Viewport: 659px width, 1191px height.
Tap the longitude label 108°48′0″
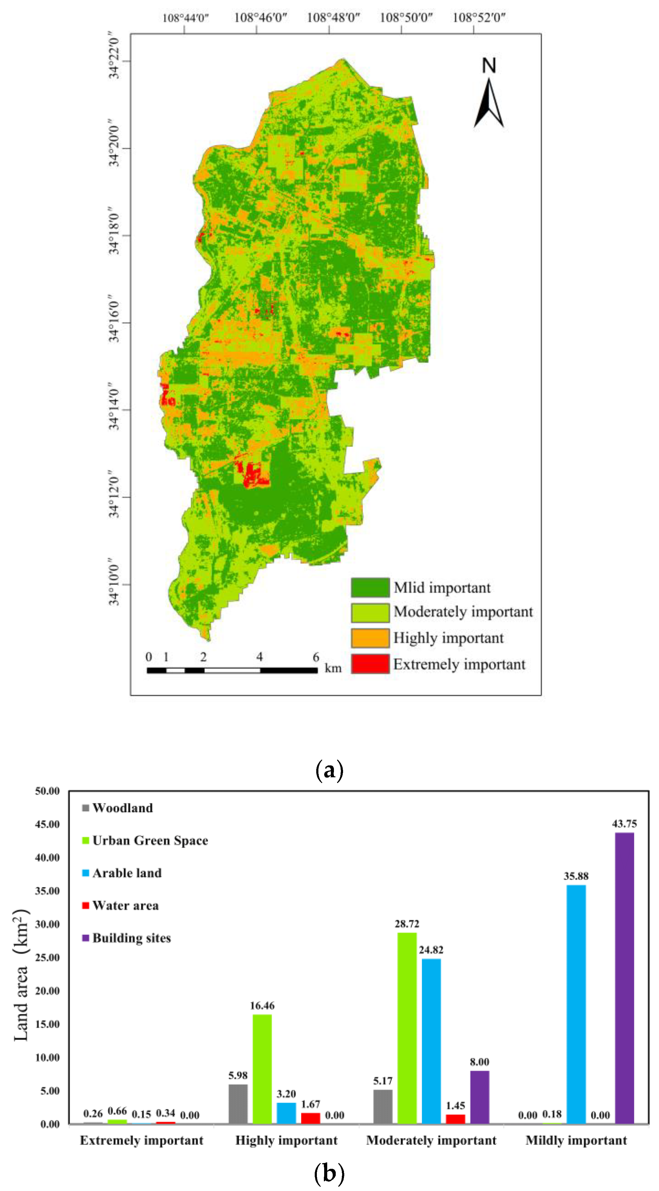coord(333,18)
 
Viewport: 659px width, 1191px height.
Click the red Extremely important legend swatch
coord(370,663)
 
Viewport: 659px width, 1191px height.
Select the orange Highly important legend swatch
coord(370,638)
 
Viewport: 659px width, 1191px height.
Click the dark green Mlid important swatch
coord(370,587)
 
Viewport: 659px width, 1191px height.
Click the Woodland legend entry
coord(122,808)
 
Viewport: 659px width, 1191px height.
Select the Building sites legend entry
coord(131,938)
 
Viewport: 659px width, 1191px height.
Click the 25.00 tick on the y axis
coord(47,958)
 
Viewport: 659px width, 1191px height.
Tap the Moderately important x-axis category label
coord(431,1140)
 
